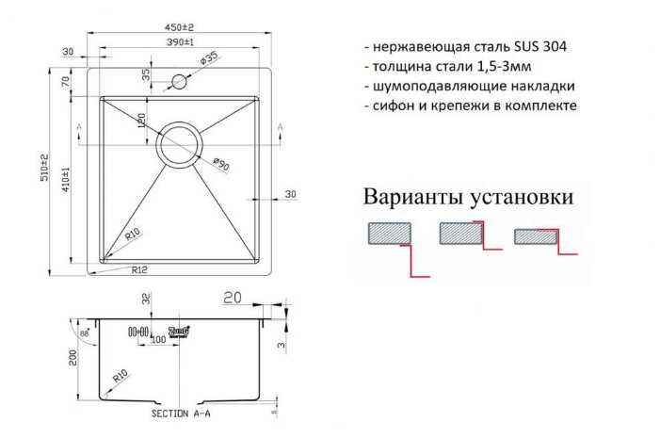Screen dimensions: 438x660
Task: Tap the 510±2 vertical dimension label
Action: click(42, 170)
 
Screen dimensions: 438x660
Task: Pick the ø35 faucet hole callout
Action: click(208, 59)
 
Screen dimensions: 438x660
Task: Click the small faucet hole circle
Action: click(182, 81)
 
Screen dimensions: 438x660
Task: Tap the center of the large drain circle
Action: click(181, 143)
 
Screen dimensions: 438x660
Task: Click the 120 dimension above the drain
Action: click(140, 120)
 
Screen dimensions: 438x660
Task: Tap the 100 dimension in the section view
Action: click(158, 339)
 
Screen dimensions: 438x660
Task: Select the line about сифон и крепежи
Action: click(468, 105)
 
